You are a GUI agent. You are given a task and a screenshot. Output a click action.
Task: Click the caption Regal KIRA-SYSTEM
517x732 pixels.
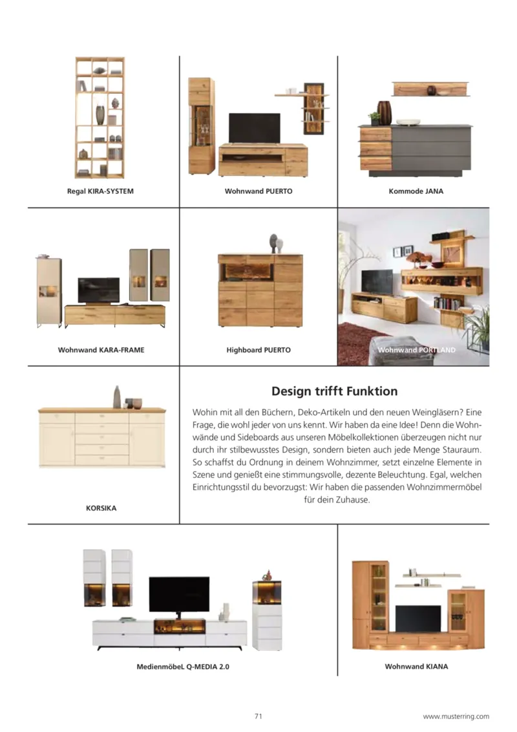(x=100, y=191)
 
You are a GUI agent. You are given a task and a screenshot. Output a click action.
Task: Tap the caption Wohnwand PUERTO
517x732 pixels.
(x=258, y=191)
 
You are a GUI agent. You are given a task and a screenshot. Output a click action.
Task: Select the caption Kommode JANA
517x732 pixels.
(x=416, y=191)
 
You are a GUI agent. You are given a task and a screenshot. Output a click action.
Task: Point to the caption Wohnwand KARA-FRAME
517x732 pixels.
(x=101, y=350)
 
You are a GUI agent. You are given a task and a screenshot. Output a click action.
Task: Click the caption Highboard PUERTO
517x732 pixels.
(x=258, y=350)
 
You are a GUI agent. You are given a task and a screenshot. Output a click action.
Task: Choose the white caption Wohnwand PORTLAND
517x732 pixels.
(x=416, y=350)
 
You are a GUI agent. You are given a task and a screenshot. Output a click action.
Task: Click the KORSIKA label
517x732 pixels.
(x=101, y=508)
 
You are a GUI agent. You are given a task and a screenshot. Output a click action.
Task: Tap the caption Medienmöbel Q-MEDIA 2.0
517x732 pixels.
(x=183, y=666)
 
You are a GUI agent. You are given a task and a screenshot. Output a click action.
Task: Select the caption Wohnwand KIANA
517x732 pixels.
(x=416, y=666)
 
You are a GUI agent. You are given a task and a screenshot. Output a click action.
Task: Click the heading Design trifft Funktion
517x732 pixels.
(x=334, y=391)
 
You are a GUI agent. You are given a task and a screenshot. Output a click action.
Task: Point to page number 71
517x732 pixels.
(x=258, y=716)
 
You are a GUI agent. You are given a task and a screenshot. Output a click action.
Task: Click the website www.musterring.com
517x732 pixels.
(x=456, y=716)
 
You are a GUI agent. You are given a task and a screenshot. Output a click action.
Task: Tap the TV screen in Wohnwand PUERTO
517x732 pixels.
(x=254, y=127)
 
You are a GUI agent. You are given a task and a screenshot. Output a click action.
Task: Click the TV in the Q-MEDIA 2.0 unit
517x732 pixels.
(x=179, y=594)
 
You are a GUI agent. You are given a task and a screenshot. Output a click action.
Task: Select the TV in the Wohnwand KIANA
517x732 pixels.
(x=417, y=618)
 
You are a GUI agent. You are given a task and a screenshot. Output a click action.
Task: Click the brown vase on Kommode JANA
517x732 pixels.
(x=385, y=113)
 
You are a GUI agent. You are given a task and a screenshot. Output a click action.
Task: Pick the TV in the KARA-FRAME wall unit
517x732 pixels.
(x=98, y=290)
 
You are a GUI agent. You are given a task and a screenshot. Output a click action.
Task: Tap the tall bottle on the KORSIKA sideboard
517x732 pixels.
(x=117, y=397)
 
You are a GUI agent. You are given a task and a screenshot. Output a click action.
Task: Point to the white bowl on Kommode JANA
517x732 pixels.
(x=408, y=122)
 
